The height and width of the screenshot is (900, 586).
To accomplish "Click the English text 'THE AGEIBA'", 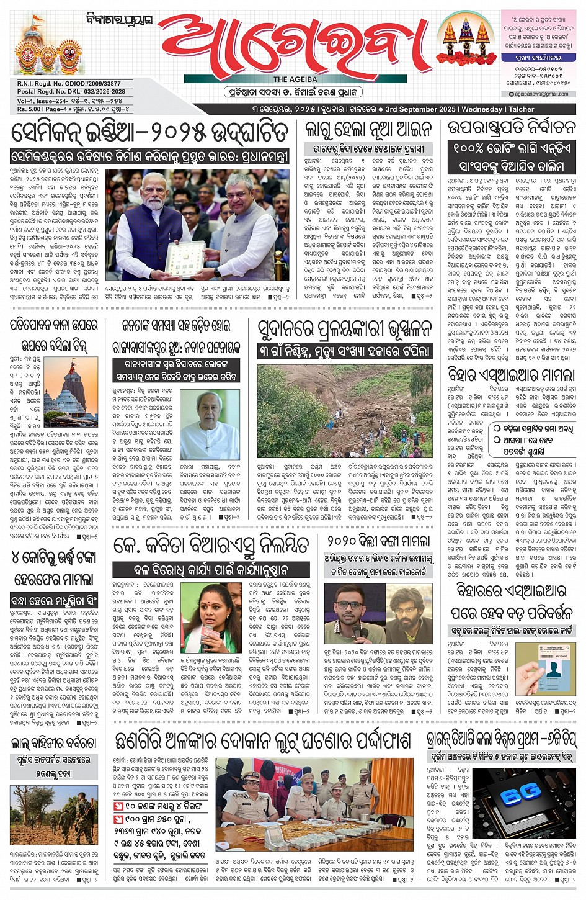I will point(295,79).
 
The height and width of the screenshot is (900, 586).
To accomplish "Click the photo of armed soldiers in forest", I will point(53,815).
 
